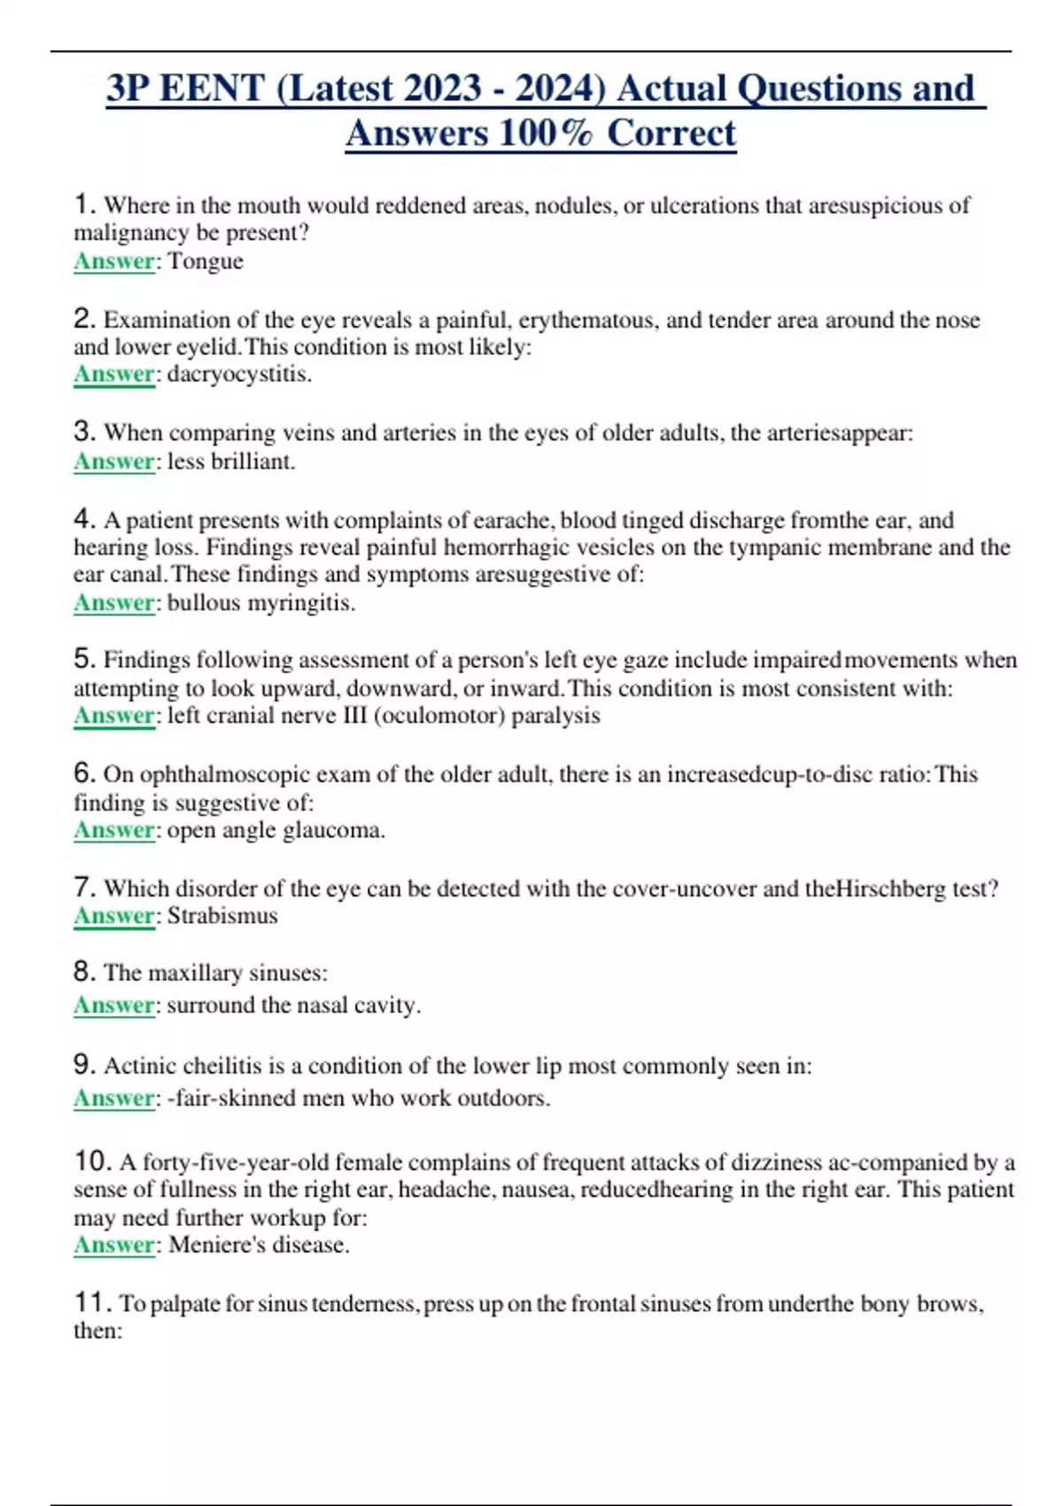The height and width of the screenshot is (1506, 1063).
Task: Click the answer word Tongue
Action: pos(206,261)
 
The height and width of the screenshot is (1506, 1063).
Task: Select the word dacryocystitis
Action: pos(238,374)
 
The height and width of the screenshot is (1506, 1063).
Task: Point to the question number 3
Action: pos(84,431)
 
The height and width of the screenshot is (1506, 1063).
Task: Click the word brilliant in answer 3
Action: pos(252,462)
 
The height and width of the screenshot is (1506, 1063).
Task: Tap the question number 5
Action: pos(84,658)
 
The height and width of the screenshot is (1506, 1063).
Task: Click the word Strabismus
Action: pos(222,916)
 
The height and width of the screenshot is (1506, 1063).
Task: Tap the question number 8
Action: pos(84,972)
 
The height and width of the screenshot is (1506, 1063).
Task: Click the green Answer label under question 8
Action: pos(114,1005)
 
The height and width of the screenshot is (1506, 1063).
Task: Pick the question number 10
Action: pos(92,1161)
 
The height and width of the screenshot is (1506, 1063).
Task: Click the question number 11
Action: pos(92,1302)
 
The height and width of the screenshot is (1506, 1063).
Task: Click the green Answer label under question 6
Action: pos(114,831)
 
